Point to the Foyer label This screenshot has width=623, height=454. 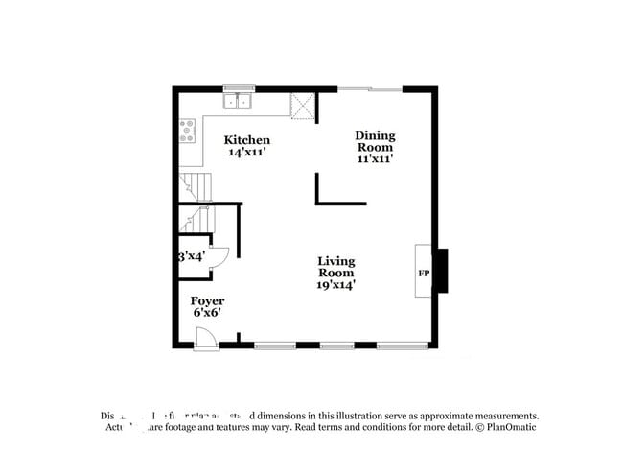coord(207,301)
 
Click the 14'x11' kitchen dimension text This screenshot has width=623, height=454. coord(246,152)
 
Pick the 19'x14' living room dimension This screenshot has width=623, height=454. coord(336,284)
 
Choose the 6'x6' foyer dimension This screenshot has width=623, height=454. coord(207,314)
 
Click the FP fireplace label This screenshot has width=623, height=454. coord(423,274)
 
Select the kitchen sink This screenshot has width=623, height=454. coord(238,100)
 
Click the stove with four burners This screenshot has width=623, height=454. coord(187,131)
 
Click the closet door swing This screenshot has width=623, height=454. coord(219,256)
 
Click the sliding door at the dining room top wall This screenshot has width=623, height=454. coord(370,89)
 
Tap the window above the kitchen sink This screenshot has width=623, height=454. coord(238,88)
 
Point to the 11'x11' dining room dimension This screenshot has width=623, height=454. coord(376,159)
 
